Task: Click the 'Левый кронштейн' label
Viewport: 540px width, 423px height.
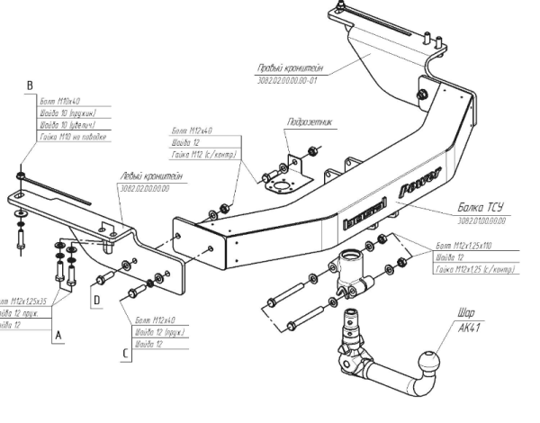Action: [x=147, y=176]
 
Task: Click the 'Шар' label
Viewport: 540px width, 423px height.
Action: [x=465, y=314]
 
